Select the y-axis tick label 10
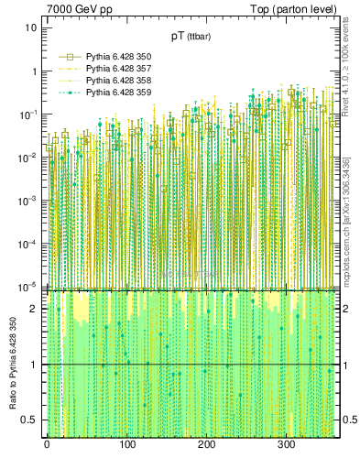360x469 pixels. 30,27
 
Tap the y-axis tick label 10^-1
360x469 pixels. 28,114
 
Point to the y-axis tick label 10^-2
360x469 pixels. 28,157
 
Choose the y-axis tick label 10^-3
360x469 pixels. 28,200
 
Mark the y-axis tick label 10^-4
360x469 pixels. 28,243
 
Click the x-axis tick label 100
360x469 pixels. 126,444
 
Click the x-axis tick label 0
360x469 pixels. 47,444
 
